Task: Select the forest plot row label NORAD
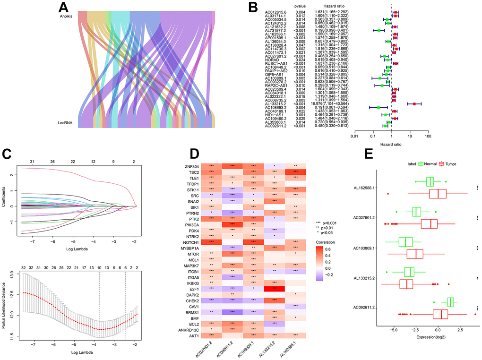pos(271,60)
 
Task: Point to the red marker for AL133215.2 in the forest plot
pos(414,103)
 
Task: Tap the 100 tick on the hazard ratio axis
pos(428,137)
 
